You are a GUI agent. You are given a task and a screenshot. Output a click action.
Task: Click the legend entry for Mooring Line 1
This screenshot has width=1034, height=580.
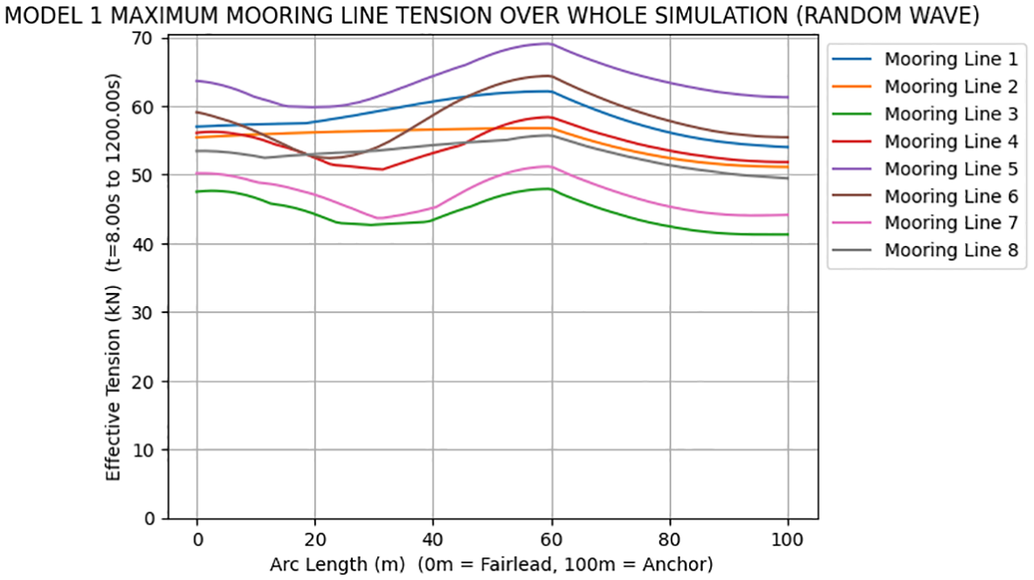click(950, 60)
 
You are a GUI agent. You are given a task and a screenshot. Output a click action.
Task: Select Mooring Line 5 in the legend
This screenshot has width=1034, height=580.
click(950, 169)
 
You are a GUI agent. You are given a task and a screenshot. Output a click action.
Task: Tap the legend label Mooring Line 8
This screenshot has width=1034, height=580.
click(950, 250)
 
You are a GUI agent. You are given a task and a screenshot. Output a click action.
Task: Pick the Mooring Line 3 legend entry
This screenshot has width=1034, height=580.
click(950, 115)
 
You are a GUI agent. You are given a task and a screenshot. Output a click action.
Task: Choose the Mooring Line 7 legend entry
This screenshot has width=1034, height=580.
click(950, 223)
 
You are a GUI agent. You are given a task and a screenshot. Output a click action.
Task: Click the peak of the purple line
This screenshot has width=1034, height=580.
click(549, 43)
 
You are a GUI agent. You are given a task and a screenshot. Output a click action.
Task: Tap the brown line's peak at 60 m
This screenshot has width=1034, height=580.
click(549, 75)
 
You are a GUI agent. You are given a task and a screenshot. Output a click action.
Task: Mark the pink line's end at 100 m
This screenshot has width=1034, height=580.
click(788, 214)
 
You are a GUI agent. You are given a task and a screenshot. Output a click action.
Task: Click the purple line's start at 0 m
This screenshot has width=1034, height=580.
click(197, 80)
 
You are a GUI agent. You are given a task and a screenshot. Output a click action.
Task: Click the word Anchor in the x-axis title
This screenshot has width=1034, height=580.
click(679, 565)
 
